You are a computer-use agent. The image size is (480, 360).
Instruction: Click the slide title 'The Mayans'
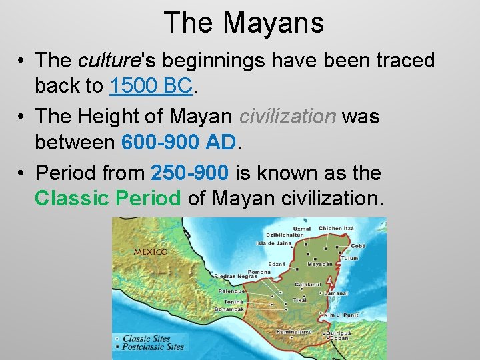tap(243, 22)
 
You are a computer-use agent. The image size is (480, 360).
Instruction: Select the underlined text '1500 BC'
tap(151, 85)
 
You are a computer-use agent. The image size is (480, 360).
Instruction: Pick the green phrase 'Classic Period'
tap(108, 198)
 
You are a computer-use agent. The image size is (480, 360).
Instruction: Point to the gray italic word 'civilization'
tap(287, 117)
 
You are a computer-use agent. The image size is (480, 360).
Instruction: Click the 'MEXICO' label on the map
tap(150, 252)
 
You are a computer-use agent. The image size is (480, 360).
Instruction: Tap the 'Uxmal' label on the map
tap(293, 228)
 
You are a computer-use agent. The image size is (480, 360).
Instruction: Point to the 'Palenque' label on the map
tap(231, 291)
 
